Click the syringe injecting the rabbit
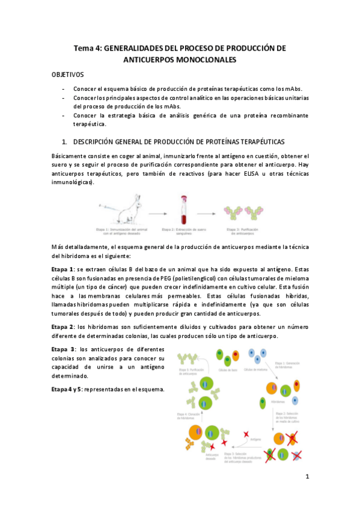click(109, 205)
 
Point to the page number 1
click(307, 477)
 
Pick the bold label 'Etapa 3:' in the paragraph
click(64, 349)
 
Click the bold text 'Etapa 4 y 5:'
click(68, 389)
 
